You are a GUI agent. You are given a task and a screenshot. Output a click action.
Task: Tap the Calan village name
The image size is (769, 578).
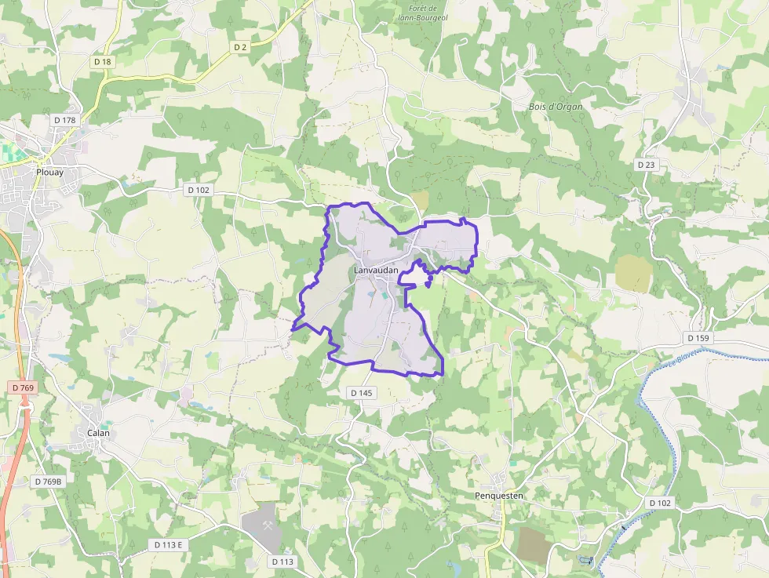pyautogui.click(x=98, y=434)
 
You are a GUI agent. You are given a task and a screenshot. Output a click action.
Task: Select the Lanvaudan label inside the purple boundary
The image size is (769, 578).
pyautogui.click(x=376, y=271)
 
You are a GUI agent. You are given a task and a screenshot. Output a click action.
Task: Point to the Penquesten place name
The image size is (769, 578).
pyautogui.click(x=499, y=496)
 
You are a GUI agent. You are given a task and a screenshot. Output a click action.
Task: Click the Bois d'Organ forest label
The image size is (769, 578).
pyautogui.click(x=556, y=106)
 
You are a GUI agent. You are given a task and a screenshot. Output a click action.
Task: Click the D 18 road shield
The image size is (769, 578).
pyautogui.click(x=103, y=61)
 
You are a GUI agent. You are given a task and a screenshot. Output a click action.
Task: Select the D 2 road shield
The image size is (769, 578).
pyautogui.click(x=240, y=47)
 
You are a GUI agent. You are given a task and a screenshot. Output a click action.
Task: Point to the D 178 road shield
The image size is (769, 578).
pyautogui.click(x=65, y=120)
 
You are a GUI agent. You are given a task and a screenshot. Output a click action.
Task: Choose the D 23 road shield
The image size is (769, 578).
pyautogui.click(x=646, y=165)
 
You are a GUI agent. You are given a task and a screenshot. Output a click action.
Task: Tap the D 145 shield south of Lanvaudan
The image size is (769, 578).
pyautogui.click(x=361, y=392)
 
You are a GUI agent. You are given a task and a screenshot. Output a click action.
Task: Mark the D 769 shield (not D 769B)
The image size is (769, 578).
pyautogui.click(x=24, y=387)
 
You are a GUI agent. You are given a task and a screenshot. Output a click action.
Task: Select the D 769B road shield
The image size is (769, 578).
pyautogui.click(x=48, y=481)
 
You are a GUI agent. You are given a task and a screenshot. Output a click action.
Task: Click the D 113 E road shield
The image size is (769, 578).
pyautogui.click(x=168, y=545)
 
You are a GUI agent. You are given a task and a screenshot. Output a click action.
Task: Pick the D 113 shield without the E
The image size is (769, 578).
pyautogui.click(x=282, y=562)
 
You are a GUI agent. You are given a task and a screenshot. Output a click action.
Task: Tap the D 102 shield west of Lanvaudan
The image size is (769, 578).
pyautogui.click(x=199, y=190)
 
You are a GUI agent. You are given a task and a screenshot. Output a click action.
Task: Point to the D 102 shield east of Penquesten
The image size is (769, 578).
pyautogui.click(x=661, y=502)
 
